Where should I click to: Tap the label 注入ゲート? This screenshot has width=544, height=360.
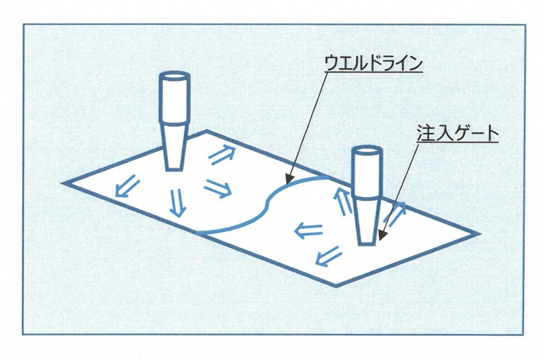click(457, 134)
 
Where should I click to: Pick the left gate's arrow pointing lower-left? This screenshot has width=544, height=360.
click(126, 186)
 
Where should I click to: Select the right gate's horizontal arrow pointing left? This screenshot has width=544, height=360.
click(309, 230)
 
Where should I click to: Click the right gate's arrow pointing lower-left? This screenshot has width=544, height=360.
click(328, 256)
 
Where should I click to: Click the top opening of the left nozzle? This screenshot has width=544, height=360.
click(175, 76)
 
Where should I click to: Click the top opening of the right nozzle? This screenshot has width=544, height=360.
click(368, 151)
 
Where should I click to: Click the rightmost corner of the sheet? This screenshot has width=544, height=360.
click(479, 234)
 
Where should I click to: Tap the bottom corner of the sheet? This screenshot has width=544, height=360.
click(336, 286)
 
